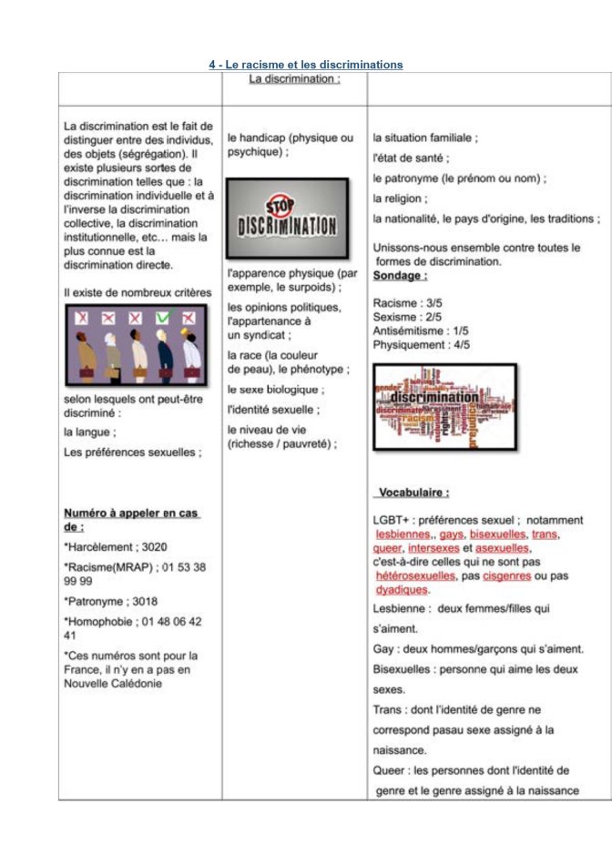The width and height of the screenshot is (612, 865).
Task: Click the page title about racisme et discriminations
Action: point(305,65)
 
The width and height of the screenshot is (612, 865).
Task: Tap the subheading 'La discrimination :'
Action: point(294,79)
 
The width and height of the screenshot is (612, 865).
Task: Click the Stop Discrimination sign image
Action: point(287,219)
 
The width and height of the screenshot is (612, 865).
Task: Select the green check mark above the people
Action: point(163,318)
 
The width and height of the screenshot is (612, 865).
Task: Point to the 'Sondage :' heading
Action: point(400,275)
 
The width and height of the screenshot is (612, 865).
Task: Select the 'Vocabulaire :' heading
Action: point(413,493)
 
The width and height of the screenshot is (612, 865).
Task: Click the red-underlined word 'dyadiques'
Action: point(401,590)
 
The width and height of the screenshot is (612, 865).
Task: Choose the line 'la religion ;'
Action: point(400,198)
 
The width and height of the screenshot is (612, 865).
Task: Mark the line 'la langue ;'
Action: point(89,432)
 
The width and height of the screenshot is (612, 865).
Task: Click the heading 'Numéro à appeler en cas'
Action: point(131,513)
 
